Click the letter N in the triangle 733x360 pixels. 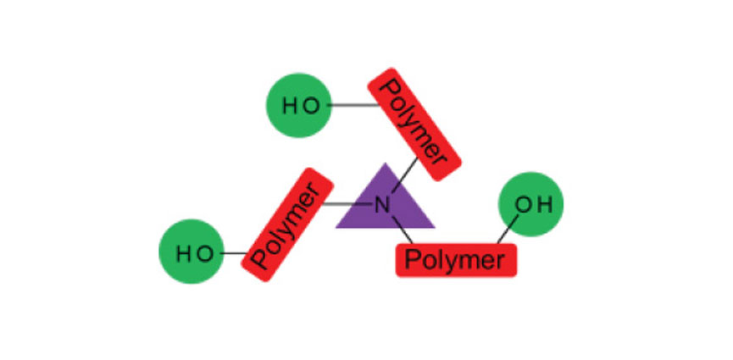(382, 204)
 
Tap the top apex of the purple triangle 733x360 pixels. (386, 164)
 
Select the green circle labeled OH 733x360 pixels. (530, 204)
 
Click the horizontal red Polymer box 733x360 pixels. (456, 258)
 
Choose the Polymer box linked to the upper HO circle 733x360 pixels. (414, 125)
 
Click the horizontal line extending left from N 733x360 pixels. (348, 204)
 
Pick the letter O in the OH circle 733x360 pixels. (523, 204)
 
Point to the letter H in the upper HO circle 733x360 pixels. (290, 106)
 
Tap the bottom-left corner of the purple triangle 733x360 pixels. (338, 227)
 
